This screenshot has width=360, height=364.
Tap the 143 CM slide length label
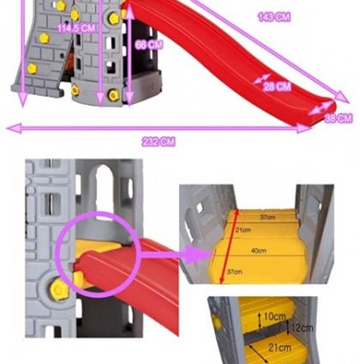(274, 17)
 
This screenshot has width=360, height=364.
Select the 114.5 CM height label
(76, 28)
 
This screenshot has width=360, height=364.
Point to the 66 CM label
(149, 45)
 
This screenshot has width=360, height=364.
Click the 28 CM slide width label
(277, 86)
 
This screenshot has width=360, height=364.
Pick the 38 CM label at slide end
(338, 119)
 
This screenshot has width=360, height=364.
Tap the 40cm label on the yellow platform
(259, 251)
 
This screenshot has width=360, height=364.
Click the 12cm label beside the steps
(301, 327)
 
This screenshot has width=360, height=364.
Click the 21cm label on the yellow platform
(244, 230)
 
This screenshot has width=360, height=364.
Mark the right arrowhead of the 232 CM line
(308, 129)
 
